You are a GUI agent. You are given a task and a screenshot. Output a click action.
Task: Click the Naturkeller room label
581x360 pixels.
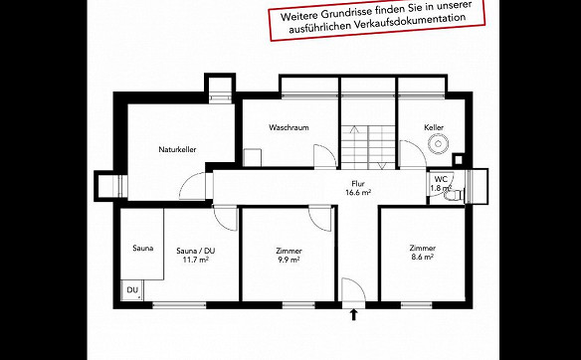(177, 149)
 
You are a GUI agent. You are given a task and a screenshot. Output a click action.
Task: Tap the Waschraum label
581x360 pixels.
(289, 127)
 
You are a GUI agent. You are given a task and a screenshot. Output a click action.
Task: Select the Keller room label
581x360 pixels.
(434, 127)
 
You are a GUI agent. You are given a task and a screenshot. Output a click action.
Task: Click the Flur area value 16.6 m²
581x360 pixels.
(358, 192)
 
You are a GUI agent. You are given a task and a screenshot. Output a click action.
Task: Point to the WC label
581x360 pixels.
(441, 179)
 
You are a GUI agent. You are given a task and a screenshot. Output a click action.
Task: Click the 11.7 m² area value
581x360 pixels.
(195, 260)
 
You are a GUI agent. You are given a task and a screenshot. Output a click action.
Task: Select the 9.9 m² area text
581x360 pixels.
(289, 260)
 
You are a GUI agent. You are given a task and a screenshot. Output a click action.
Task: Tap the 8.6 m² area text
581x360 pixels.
(423, 257)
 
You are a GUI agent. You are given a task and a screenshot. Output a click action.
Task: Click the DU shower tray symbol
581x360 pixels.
(132, 290)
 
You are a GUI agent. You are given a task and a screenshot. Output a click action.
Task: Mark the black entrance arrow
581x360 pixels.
(354, 315)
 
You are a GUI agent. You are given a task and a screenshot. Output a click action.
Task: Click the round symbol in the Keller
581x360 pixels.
(438, 144)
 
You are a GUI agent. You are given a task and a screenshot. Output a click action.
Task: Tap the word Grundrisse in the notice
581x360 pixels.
(343, 13)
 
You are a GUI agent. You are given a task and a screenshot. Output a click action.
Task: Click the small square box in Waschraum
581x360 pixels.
(253, 158)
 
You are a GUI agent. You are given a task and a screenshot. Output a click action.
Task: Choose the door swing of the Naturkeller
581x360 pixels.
(192, 186)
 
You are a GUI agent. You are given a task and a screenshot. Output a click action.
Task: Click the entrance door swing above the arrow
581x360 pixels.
(354, 290)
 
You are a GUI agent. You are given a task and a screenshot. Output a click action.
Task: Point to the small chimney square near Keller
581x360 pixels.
(459, 160)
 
